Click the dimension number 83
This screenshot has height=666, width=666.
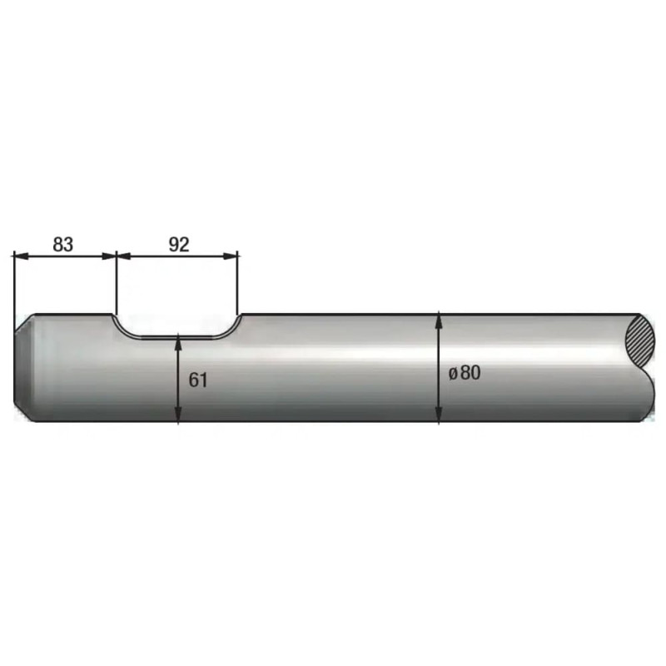click(63, 245)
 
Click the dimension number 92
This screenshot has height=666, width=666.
click(179, 245)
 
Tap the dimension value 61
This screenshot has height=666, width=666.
click(198, 380)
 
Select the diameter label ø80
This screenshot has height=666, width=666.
click(465, 373)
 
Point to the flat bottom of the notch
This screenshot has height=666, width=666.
click(177, 338)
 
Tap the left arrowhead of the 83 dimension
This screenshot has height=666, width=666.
click(22, 256)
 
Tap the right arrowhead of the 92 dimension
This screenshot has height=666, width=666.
click(231, 256)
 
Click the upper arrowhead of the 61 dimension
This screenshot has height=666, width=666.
click(178, 343)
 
